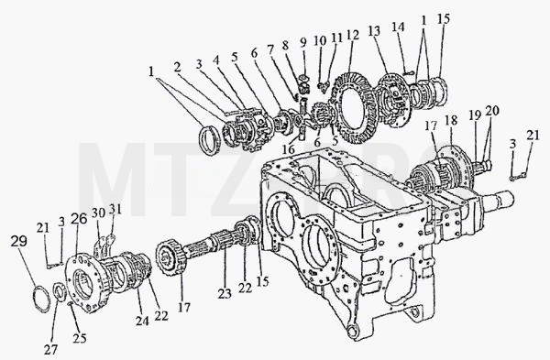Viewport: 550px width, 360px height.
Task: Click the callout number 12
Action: tap(352, 36)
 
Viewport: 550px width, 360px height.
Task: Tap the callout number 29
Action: tap(18, 241)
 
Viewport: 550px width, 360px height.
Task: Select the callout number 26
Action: tap(79, 219)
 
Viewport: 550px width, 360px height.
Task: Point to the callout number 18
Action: tap(451, 120)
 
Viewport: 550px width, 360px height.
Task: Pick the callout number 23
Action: tap(225, 293)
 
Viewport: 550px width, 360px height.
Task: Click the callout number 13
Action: tap(374, 31)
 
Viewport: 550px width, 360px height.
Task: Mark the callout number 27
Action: tap(50, 350)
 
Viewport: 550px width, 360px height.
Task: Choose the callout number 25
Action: tap(80, 338)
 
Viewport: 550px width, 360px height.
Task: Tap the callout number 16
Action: tap(289, 149)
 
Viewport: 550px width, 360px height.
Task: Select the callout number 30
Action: tap(99, 213)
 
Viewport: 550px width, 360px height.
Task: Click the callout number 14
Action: tap(398, 27)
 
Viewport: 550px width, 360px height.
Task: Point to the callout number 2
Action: tap(178, 67)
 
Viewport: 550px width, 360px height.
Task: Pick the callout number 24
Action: tap(142, 321)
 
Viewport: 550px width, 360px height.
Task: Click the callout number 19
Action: tap(475, 116)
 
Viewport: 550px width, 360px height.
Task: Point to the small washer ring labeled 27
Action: tap(59, 292)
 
